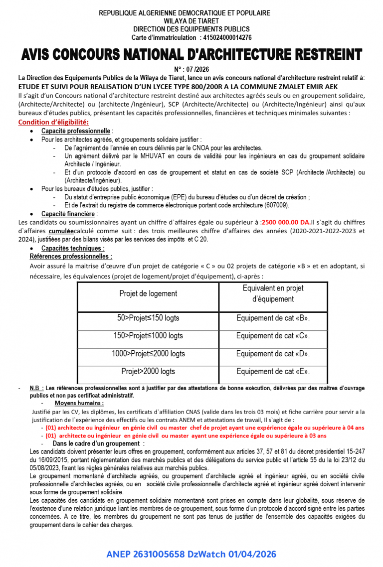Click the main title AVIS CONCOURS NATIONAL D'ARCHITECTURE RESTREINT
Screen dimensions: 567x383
[x=191, y=54]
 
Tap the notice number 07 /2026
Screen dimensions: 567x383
[x=191, y=69]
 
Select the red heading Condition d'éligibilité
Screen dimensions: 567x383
[x=53, y=122]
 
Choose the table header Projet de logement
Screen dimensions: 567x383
[x=148, y=293]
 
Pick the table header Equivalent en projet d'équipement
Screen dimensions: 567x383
[x=273, y=293]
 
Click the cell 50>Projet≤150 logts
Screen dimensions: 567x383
[x=148, y=318]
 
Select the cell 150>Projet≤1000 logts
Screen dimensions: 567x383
[x=148, y=336]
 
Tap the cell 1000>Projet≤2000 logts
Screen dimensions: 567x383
[x=148, y=354]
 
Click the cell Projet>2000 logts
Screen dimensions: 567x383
[x=148, y=371]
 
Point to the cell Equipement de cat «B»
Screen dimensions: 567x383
[x=273, y=318]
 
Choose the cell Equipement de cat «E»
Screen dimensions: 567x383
[x=273, y=371]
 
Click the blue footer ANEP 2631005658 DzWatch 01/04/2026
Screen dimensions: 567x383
[x=191, y=554]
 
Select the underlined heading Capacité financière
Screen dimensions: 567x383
[x=69, y=213]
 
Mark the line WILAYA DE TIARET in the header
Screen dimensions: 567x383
[x=191, y=21]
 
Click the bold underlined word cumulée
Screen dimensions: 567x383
[x=61, y=231]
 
